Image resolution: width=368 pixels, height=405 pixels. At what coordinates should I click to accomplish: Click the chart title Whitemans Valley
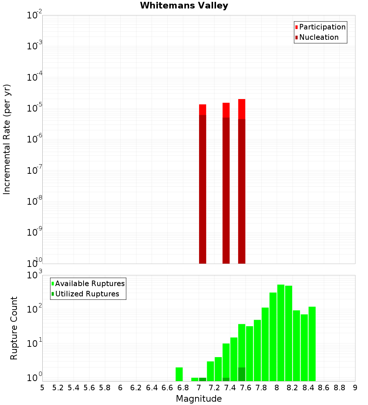pos(184,6)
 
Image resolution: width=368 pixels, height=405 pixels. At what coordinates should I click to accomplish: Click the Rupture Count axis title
pos(14,328)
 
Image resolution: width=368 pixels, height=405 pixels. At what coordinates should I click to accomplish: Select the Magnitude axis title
pos(199,399)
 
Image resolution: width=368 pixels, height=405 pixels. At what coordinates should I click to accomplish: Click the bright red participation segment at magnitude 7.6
pos(241,109)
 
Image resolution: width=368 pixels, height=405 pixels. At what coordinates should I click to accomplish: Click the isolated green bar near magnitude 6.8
pos(179,374)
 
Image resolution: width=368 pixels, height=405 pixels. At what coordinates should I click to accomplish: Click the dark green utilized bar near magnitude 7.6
pos(241,374)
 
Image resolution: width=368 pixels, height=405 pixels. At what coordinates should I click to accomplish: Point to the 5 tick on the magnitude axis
pos(42,388)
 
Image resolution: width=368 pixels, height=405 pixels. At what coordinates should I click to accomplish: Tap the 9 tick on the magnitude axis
pos(355,388)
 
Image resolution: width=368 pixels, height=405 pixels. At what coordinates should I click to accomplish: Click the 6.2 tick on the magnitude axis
pos(136,388)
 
